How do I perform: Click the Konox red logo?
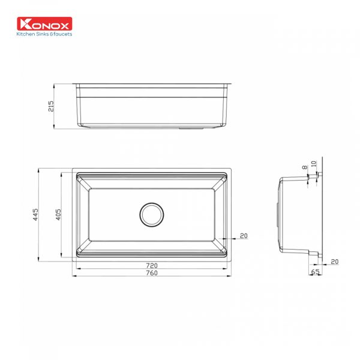(x=44, y=23)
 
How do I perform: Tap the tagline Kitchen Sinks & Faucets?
(x=44, y=34)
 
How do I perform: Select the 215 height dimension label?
(x=51, y=106)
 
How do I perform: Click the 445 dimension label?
(x=35, y=214)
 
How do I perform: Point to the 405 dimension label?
(x=58, y=214)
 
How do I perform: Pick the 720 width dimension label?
(x=152, y=265)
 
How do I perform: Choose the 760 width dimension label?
(x=152, y=273)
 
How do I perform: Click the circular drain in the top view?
(x=152, y=214)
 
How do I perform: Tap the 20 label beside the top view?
(x=244, y=236)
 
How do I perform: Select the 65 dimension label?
(x=315, y=272)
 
